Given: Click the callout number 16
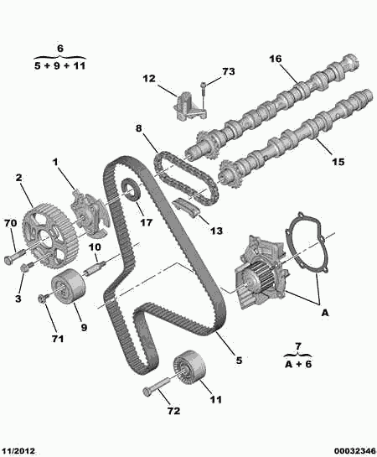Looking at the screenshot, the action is [276, 59].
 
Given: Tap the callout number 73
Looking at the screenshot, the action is [228, 71].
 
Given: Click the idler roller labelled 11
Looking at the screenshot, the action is [189, 368].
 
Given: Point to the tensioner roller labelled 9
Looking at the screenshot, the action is [68, 287].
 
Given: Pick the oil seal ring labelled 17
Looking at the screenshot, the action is [131, 190].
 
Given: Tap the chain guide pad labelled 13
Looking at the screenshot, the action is [186, 207].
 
